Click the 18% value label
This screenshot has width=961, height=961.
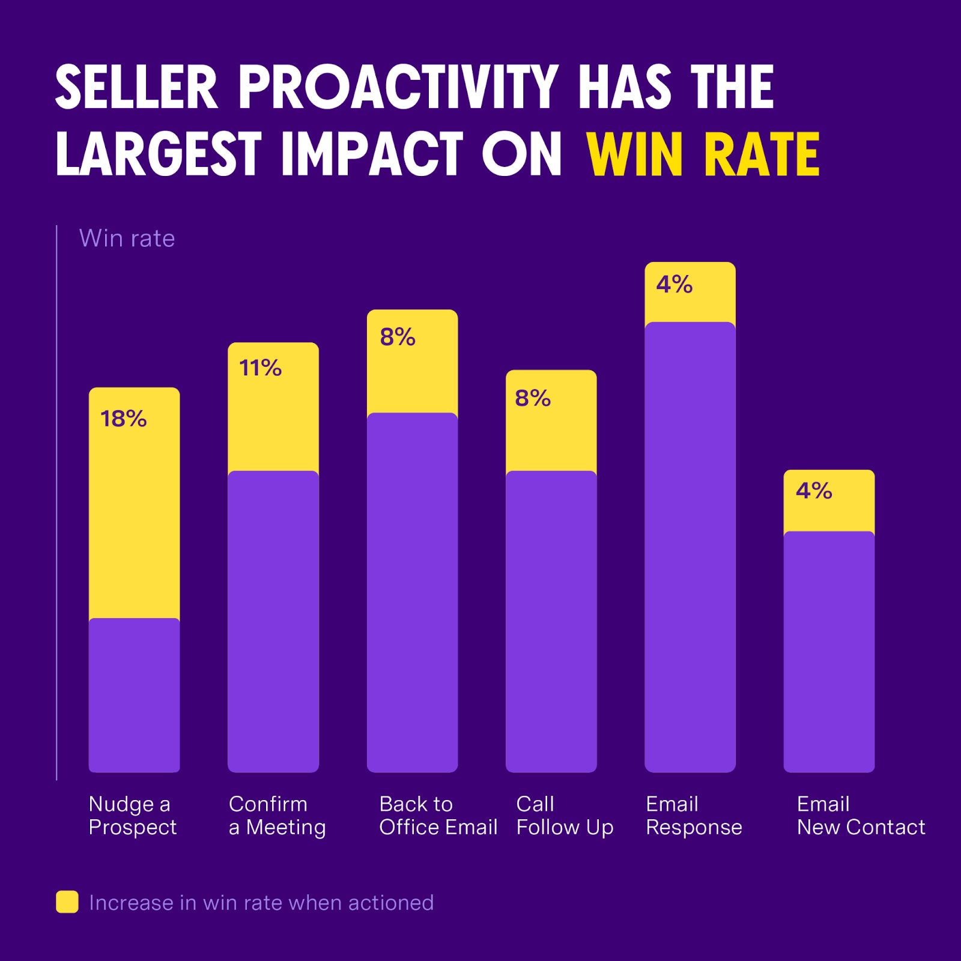123,419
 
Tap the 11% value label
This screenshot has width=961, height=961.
260,368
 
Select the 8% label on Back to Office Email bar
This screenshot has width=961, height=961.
398,337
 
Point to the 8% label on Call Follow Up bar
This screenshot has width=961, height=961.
533,398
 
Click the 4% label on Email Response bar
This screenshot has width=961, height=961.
674,284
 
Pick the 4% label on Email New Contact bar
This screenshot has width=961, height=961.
814,491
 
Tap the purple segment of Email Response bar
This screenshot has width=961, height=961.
690,547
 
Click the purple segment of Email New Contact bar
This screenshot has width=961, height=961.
829,652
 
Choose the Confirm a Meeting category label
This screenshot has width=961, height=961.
277,816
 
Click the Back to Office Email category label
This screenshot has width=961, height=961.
438,816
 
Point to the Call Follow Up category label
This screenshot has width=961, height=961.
564,816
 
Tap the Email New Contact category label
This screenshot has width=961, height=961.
860,816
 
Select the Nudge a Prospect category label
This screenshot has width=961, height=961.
132,816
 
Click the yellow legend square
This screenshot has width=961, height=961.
67,902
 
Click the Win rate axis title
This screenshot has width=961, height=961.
127,238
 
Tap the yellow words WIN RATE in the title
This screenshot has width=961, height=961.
703,154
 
